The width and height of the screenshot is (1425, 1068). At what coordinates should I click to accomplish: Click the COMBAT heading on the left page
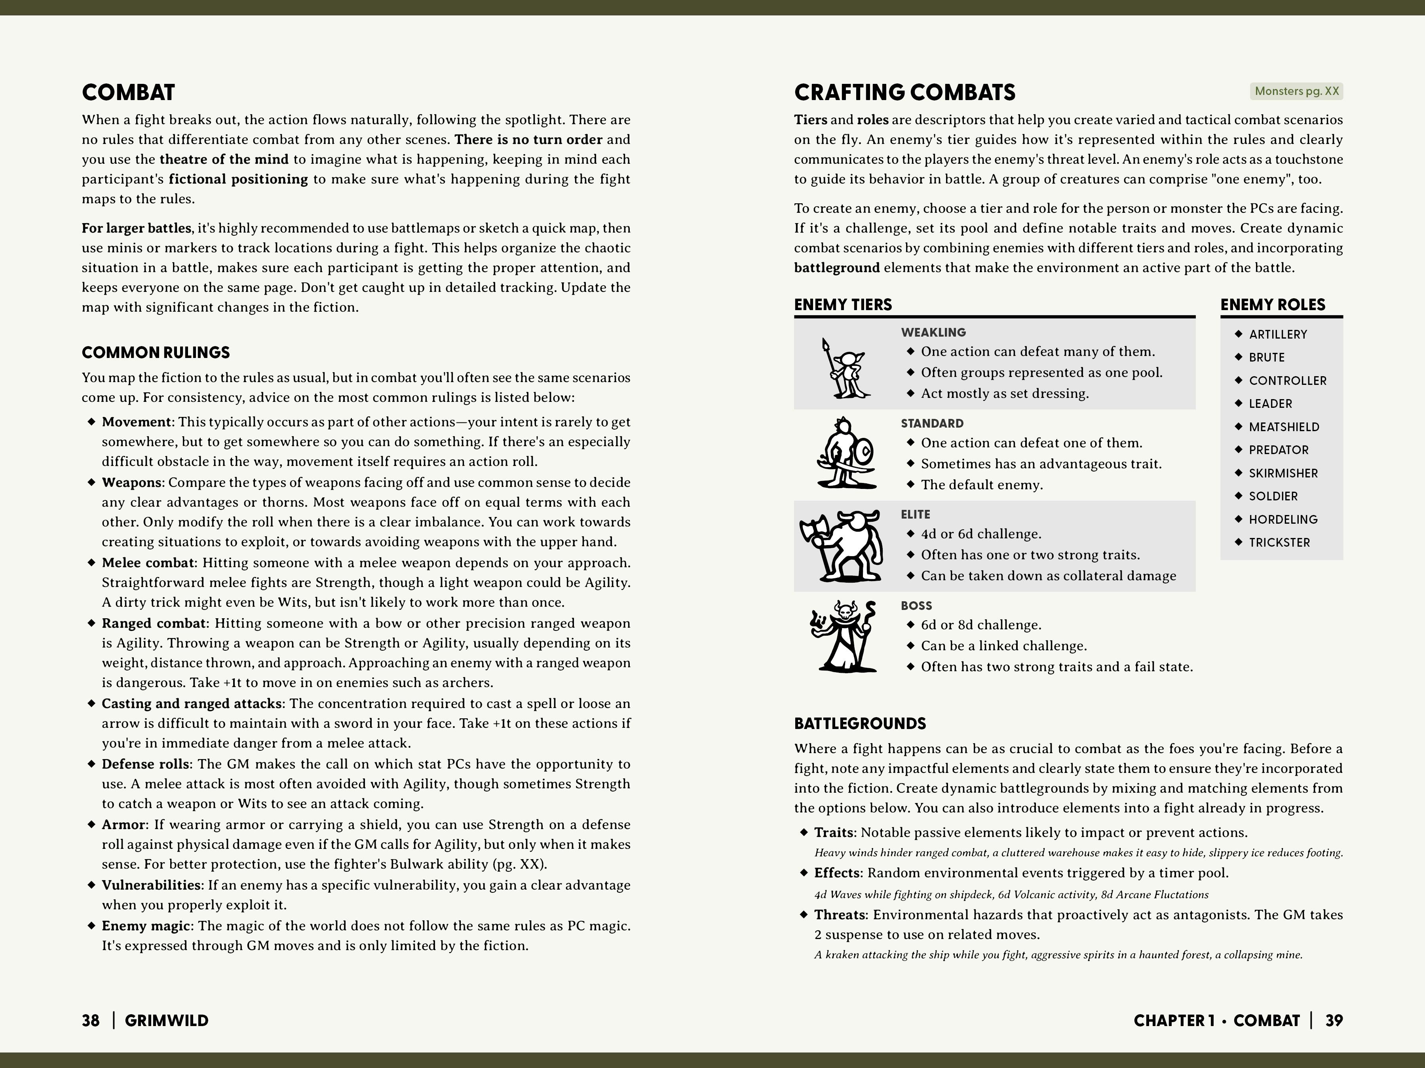point(128,93)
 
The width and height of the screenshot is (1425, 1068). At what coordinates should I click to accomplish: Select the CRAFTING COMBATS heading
point(904,93)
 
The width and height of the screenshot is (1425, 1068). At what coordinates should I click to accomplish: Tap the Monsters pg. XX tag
point(1296,91)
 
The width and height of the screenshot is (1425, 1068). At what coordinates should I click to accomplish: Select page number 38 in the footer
point(91,1021)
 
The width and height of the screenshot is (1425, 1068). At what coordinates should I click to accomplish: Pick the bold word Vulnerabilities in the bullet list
point(151,885)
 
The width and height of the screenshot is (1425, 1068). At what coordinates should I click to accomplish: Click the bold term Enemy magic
point(146,926)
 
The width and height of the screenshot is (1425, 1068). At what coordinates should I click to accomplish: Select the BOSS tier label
point(916,606)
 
